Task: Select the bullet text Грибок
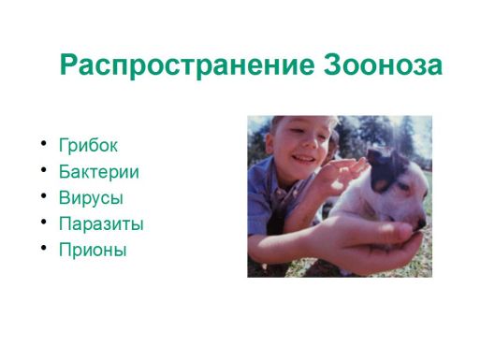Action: (x=88, y=146)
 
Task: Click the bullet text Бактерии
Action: (x=98, y=172)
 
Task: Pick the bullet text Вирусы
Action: (x=91, y=198)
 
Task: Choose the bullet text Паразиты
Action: (x=100, y=224)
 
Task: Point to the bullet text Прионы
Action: (x=92, y=251)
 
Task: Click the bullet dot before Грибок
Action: (x=43, y=145)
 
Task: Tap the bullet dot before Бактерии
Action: (x=43, y=171)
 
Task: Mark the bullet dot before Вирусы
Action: (x=43, y=197)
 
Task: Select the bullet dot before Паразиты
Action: (x=43, y=223)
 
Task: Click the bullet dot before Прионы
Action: (x=43, y=250)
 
